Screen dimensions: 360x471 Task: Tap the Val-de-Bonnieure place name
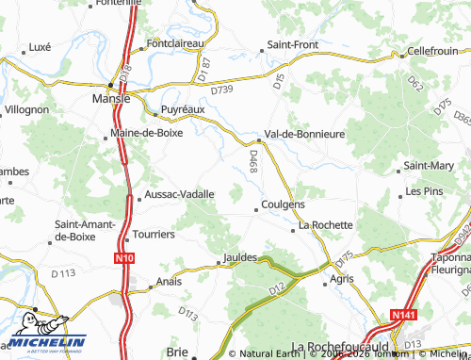point(305,134)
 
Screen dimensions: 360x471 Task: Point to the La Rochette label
point(325,225)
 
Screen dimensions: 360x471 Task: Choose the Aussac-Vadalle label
point(180,194)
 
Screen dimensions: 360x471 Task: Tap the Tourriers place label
point(154,234)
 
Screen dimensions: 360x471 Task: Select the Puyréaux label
point(184,109)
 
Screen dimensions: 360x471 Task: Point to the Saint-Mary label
point(429,166)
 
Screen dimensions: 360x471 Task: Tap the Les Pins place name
point(424,191)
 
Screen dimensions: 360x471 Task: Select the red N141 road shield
point(402,317)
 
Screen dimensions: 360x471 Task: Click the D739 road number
point(221,90)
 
